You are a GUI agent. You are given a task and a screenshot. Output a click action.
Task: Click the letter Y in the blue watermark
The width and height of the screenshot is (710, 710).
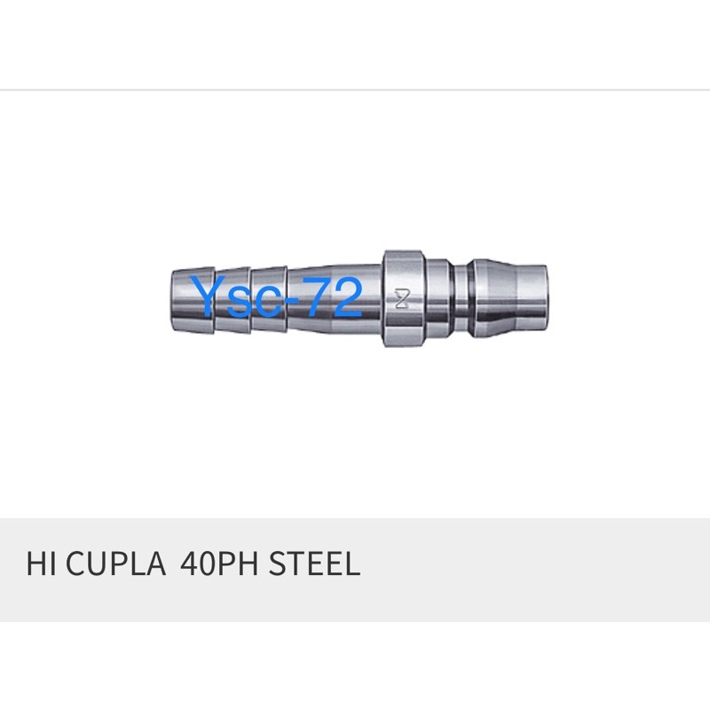coord(209,297)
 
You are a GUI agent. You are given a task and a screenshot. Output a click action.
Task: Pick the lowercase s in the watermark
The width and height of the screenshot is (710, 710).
coord(238,303)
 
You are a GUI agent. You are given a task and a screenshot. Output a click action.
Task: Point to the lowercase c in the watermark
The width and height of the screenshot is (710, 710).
coord(264,303)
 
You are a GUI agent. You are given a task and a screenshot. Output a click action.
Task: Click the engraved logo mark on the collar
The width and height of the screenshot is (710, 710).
coord(398,298)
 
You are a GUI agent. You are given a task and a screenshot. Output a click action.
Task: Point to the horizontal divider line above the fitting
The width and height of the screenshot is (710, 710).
coord(355,90)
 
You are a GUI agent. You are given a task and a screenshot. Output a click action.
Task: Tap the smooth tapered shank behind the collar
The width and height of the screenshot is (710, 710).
coord(337,298)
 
